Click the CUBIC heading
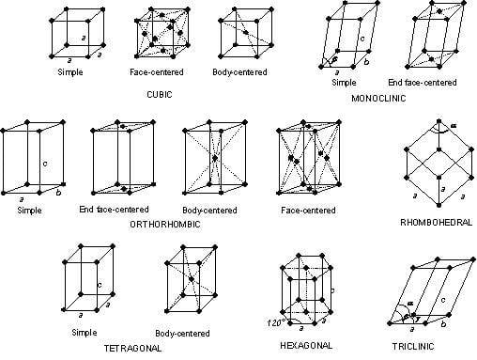(160, 94)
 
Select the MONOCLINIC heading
(378, 99)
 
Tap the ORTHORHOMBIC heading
(165, 225)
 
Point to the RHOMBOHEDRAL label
(437, 222)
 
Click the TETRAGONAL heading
(132, 348)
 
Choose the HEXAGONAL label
(306, 345)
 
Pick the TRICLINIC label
(413, 346)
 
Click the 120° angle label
(276, 322)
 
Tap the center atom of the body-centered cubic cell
(246, 32)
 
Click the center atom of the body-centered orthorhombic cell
(214, 158)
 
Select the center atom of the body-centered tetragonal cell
(192, 278)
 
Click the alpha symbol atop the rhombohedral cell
(454, 126)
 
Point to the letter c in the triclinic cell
(443, 300)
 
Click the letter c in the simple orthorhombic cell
(45, 164)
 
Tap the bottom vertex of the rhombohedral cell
(439, 205)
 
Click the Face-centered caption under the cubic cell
(157, 72)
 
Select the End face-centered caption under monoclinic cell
(423, 83)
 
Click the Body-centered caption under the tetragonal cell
(182, 333)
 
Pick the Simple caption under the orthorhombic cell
(29, 210)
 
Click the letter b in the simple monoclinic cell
(366, 62)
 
